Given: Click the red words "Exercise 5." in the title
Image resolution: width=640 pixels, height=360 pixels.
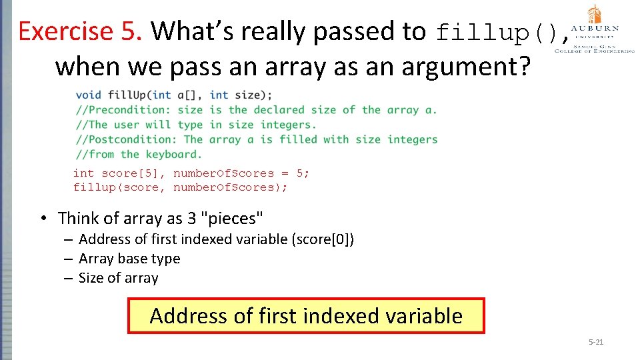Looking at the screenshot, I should [x=80, y=31].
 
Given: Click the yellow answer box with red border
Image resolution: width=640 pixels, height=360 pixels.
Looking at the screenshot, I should [x=306, y=315].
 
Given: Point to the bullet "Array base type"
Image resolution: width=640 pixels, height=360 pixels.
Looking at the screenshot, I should [x=129, y=259].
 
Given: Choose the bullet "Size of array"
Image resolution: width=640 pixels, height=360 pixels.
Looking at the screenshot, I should [x=118, y=278].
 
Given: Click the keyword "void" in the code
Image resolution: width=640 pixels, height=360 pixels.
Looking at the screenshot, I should [x=89, y=95].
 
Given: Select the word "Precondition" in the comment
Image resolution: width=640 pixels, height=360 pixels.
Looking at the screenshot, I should [x=130, y=110].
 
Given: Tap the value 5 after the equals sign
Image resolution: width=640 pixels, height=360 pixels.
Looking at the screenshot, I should [x=300, y=173].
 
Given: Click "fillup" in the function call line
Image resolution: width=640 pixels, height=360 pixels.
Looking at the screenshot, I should [x=94, y=187].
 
